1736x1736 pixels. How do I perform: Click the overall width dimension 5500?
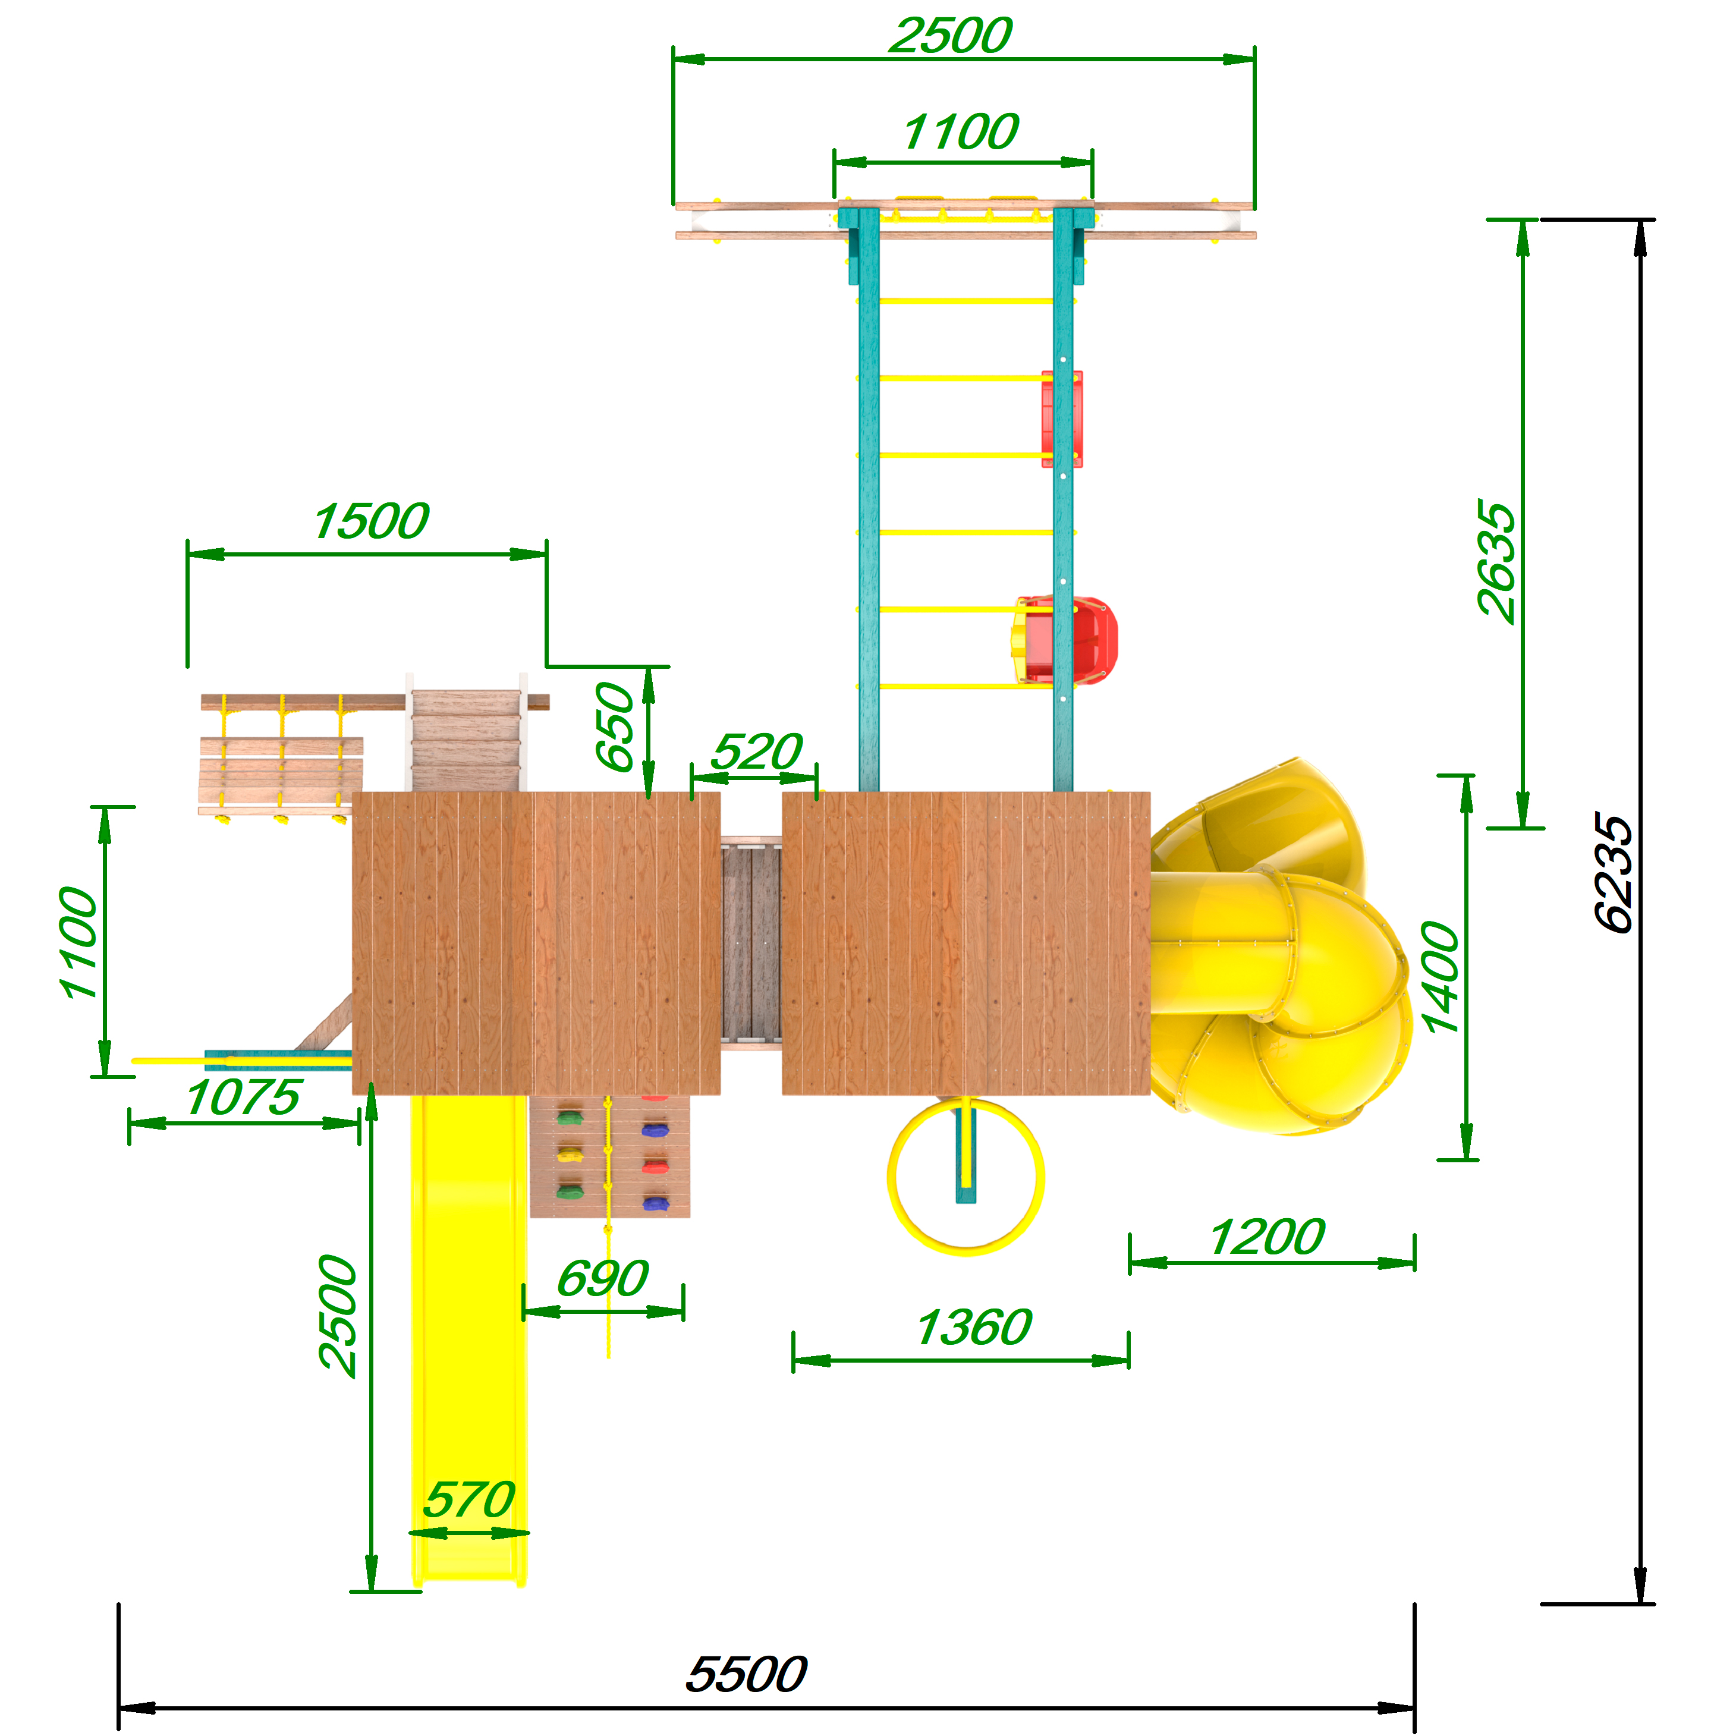[746, 1674]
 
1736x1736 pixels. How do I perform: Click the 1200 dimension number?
[1267, 1237]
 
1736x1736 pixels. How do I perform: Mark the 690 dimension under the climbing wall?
[603, 1279]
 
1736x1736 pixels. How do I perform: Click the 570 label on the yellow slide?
[469, 1500]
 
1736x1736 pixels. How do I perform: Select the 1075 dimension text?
[243, 1098]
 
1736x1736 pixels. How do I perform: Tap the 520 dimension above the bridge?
[757, 751]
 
